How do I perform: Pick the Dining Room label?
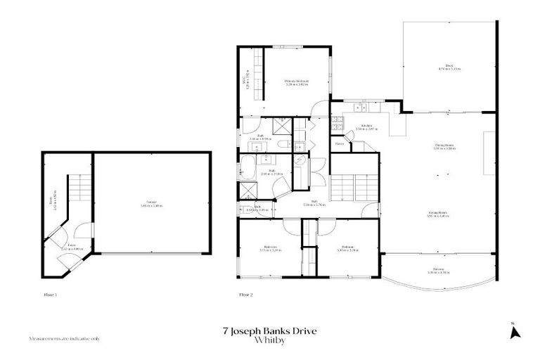(443, 147)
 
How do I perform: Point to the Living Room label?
(439, 214)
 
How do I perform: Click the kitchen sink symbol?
(361, 108)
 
